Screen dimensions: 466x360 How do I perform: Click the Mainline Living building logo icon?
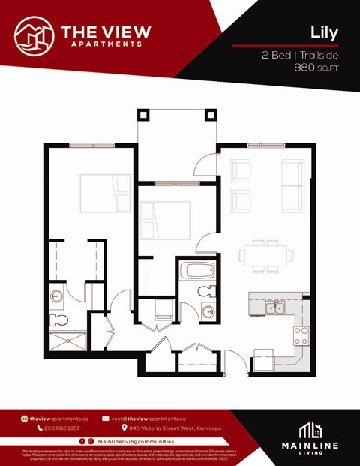310,431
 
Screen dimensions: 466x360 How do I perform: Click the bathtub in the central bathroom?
196,271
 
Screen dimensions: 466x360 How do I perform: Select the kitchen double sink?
274,307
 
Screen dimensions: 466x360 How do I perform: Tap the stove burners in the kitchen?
301,335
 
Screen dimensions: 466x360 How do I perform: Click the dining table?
266,255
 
